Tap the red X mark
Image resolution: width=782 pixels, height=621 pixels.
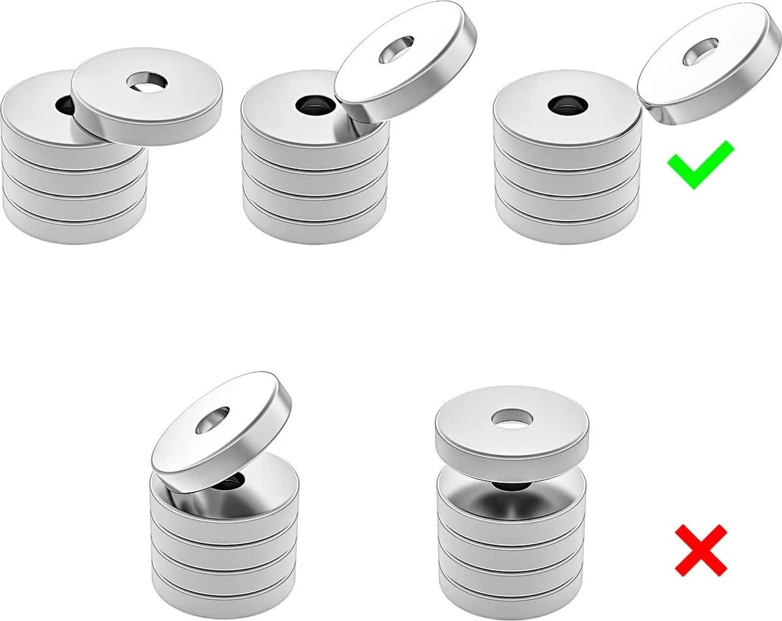click(701, 551)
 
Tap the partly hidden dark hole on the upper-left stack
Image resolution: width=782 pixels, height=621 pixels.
click(65, 104)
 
